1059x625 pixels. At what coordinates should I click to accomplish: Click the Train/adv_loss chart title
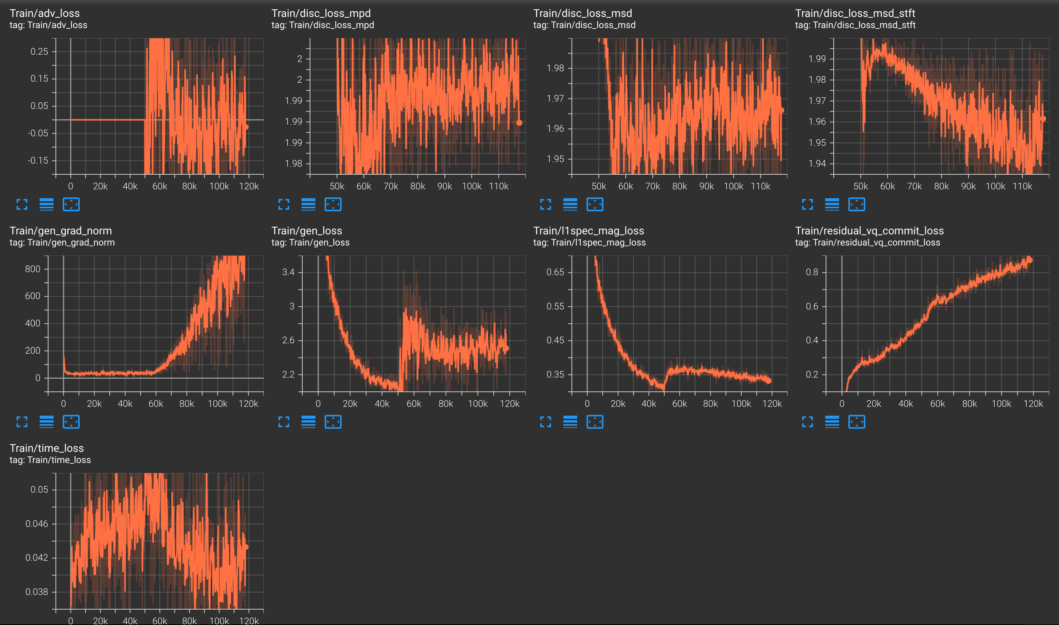tap(45, 13)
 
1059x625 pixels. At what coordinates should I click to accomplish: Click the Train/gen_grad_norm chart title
tap(61, 231)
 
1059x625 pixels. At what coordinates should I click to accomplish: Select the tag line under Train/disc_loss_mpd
tap(322, 25)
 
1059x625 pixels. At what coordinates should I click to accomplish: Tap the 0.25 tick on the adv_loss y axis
tap(39, 52)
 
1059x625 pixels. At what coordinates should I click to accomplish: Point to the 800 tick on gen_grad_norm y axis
tap(32, 269)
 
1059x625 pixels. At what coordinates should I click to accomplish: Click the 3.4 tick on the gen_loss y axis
tap(288, 272)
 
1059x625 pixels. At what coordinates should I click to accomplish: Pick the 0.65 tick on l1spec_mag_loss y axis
tap(555, 272)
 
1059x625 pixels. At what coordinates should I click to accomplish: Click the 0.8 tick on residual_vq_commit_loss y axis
tap(812, 272)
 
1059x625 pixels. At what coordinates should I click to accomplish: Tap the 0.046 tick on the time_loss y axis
tap(37, 523)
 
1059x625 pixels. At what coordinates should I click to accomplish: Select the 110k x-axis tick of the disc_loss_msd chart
tap(760, 186)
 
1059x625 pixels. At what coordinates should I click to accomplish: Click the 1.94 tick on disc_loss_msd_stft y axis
tap(817, 164)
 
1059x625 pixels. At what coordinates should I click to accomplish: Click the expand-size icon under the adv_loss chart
tap(22, 205)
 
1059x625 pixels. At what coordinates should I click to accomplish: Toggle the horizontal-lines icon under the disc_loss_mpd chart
tap(308, 205)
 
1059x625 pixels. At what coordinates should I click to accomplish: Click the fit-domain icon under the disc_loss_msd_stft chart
tap(856, 205)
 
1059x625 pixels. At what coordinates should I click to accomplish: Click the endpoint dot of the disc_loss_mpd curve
tap(519, 123)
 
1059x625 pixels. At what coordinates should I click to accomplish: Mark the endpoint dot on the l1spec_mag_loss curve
tap(768, 380)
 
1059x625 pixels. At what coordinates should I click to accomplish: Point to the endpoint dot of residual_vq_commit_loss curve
tap(1029, 260)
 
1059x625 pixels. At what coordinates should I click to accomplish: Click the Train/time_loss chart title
tap(47, 448)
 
